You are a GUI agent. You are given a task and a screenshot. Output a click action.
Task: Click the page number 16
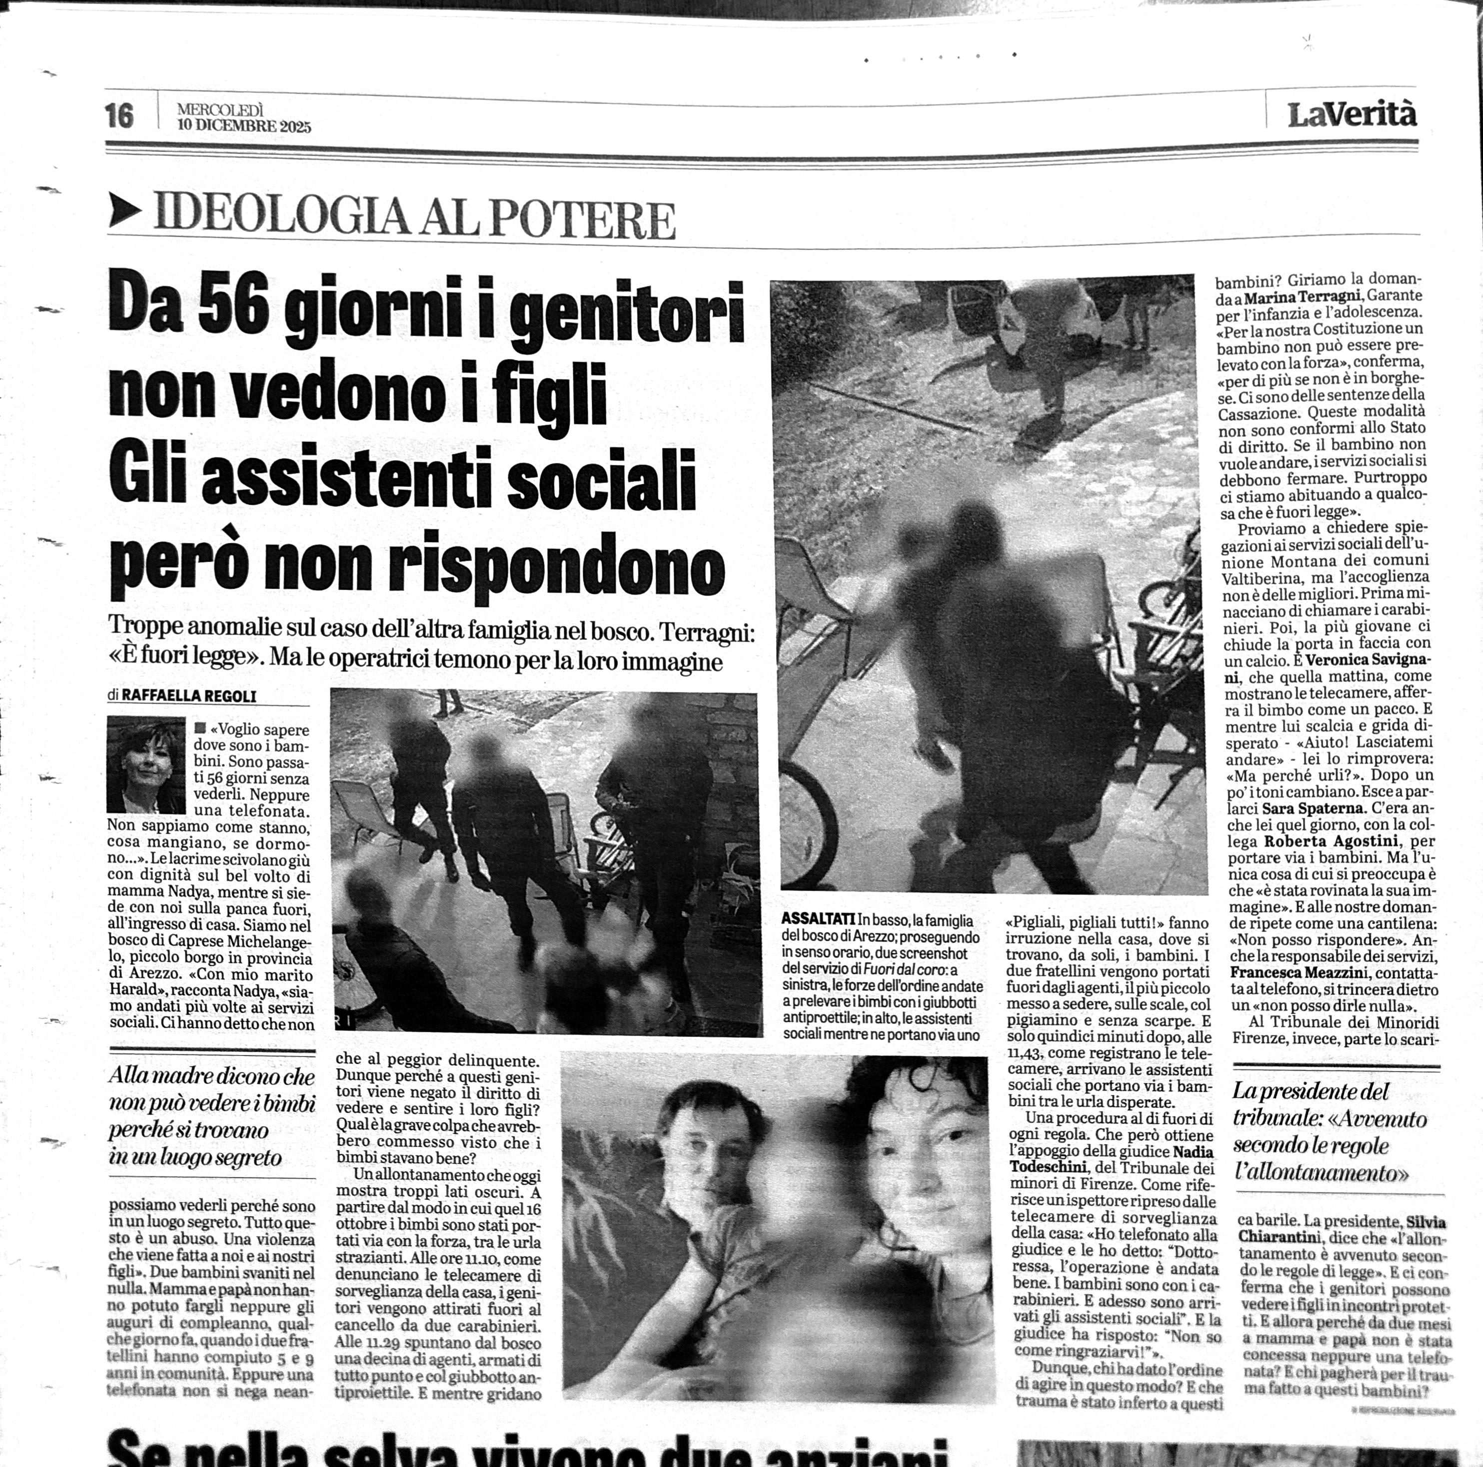pyautogui.click(x=120, y=116)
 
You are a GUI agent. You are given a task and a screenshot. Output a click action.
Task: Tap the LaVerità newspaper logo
pyautogui.click(x=1352, y=115)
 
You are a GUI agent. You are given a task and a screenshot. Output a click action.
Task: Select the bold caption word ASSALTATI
pyautogui.click(x=818, y=919)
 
